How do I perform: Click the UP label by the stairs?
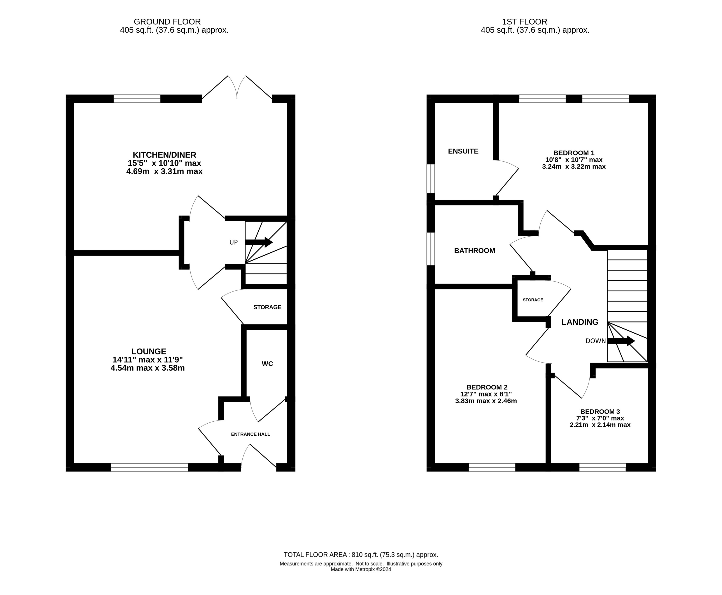[x=233, y=242]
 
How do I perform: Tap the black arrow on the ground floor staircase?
[x=259, y=242]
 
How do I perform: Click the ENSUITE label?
[x=463, y=151]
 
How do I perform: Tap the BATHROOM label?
[x=474, y=251]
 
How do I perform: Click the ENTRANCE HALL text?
[x=250, y=434]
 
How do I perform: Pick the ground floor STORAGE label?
[x=267, y=307]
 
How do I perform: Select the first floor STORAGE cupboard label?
[x=533, y=300]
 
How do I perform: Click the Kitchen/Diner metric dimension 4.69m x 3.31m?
[x=164, y=171]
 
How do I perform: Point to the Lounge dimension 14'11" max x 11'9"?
[x=148, y=359]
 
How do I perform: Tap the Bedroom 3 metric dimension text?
[x=600, y=425]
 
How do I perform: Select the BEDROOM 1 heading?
[x=574, y=153]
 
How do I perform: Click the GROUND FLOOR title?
[x=167, y=22]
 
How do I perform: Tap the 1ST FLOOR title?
[x=525, y=22]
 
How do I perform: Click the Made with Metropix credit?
[x=361, y=569]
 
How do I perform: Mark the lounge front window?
[x=149, y=467]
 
